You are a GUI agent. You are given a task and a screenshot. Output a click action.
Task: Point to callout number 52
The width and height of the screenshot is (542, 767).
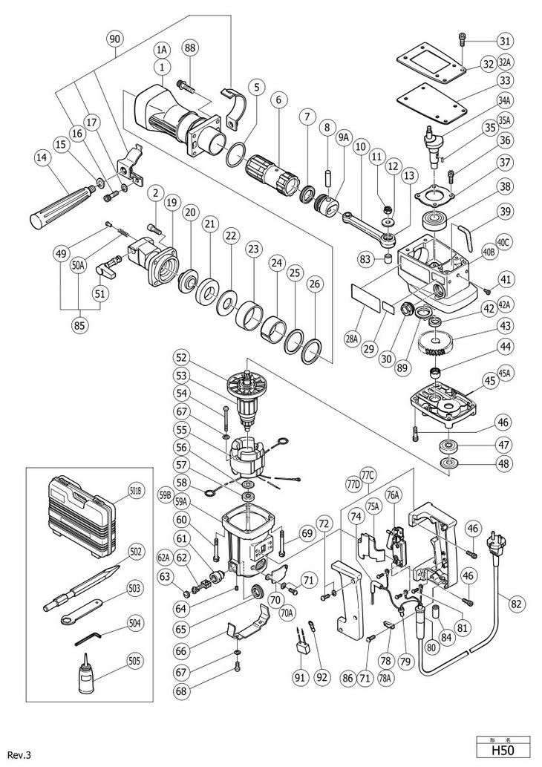[180, 356]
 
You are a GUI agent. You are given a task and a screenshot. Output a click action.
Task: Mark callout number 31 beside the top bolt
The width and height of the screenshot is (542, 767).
[505, 40]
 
